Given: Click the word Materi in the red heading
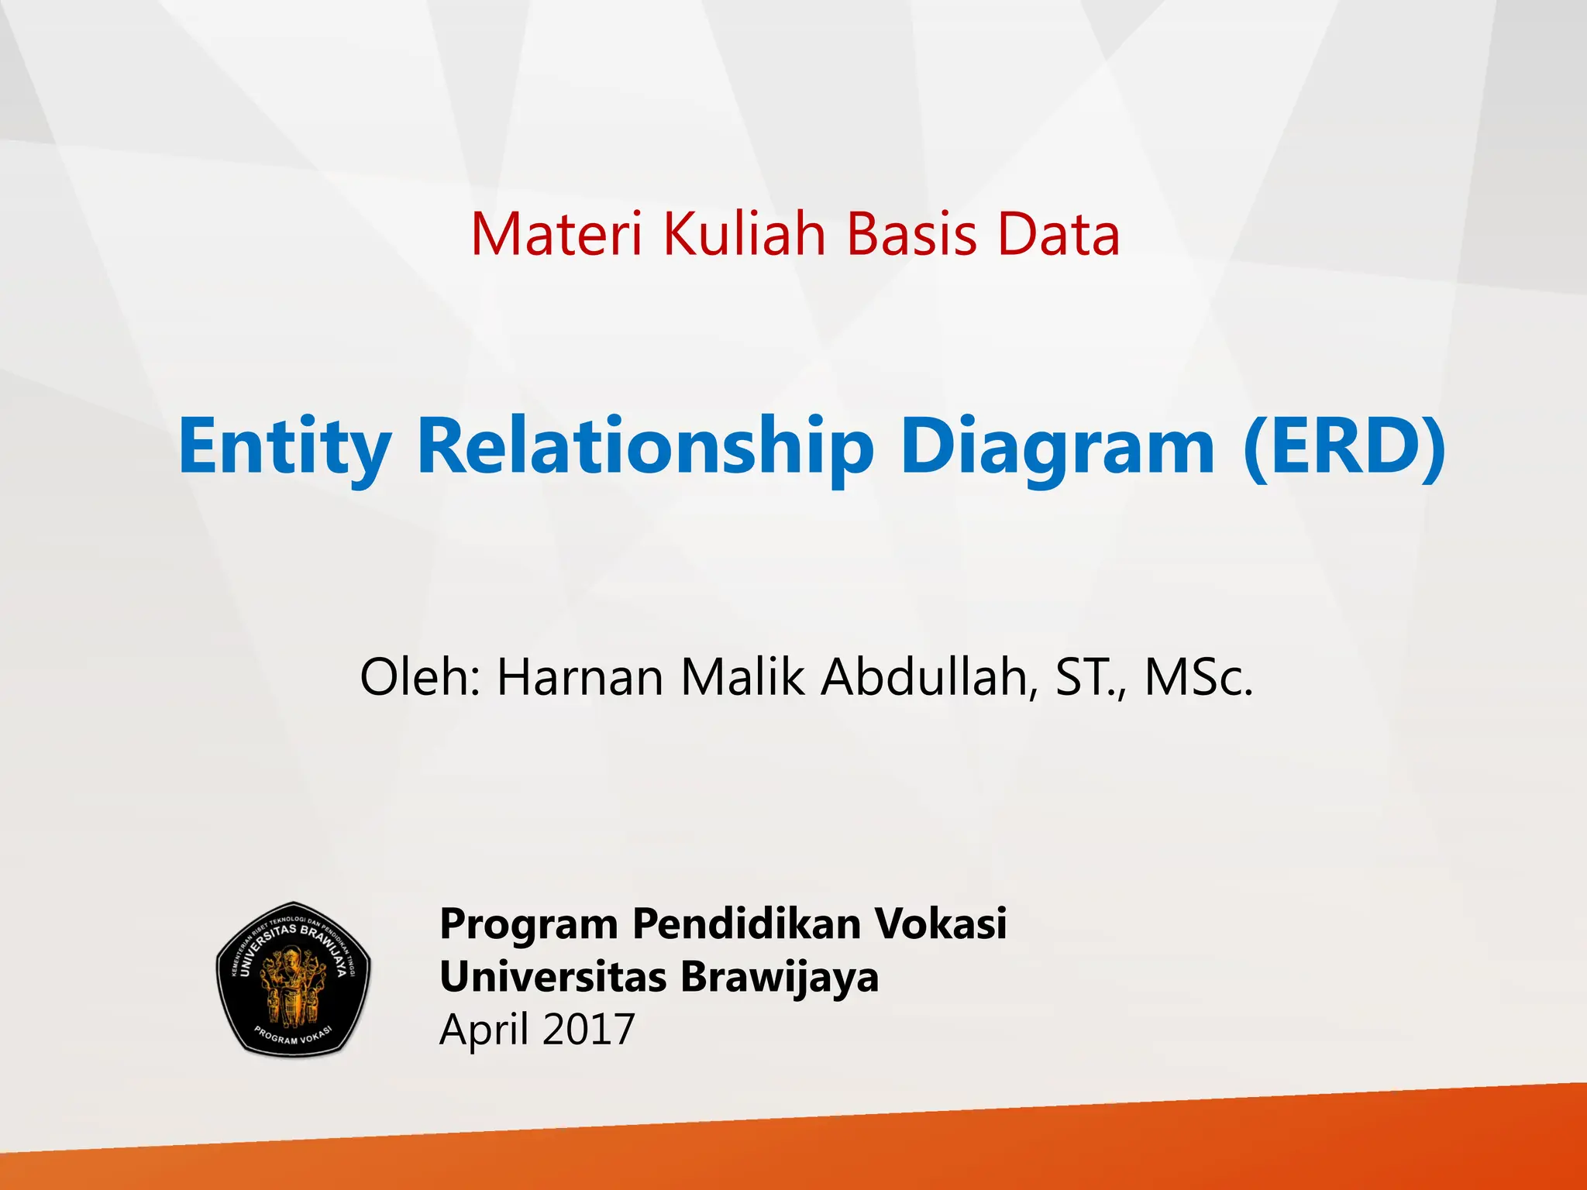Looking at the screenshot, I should [x=556, y=234].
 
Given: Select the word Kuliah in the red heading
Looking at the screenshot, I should [x=745, y=234].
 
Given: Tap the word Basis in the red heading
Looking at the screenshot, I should [x=911, y=234].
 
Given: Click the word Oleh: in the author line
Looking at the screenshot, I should [x=421, y=676].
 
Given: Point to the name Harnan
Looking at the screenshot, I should [x=580, y=676].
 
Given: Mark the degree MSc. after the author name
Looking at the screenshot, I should [x=1198, y=676].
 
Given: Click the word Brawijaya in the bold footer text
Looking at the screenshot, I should [x=780, y=976].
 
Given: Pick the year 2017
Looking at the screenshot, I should [x=588, y=1029].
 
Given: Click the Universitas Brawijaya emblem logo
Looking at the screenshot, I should [x=293, y=979].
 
